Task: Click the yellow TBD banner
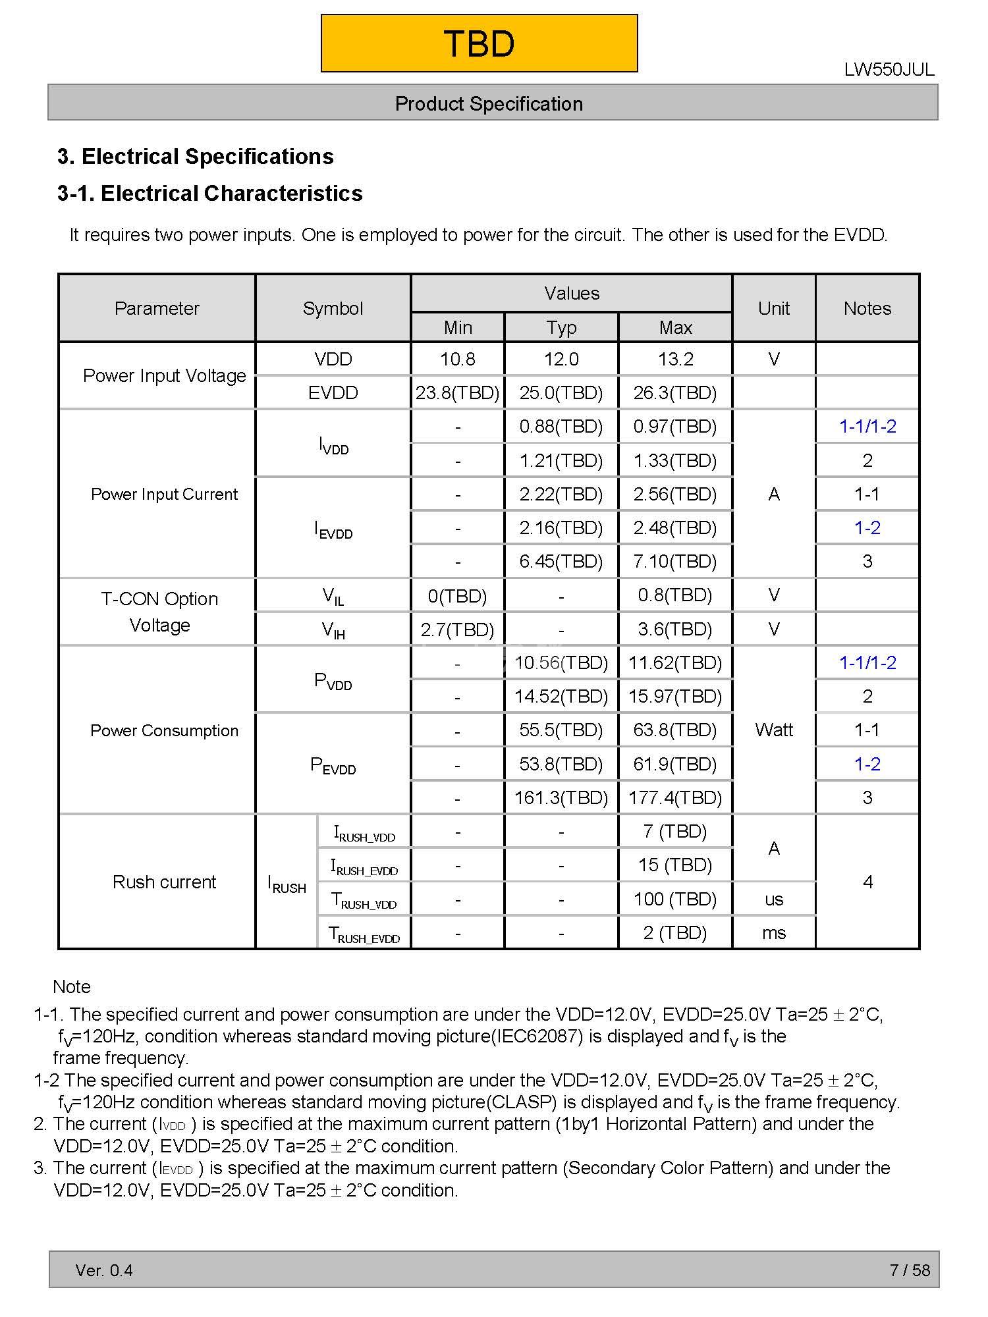point(479,43)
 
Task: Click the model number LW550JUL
point(889,70)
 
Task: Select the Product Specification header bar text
point(489,103)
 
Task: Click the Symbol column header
point(333,308)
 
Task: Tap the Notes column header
point(867,308)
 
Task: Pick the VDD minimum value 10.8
point(457,359)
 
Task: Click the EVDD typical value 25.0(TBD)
point(561,393)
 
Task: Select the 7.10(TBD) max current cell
point(674,562)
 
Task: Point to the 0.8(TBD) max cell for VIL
point(674,595)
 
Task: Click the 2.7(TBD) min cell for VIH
point(457,630)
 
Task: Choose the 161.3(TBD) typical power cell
point(561,798)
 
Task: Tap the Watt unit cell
point(774,730)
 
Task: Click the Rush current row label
point(164,882)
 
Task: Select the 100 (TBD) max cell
point(674,899)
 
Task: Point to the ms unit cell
point(774,933)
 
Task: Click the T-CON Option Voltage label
point(159,612)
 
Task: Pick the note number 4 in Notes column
point(867,882)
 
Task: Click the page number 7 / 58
point(910,1270)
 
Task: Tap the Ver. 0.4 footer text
point(104,1270)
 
